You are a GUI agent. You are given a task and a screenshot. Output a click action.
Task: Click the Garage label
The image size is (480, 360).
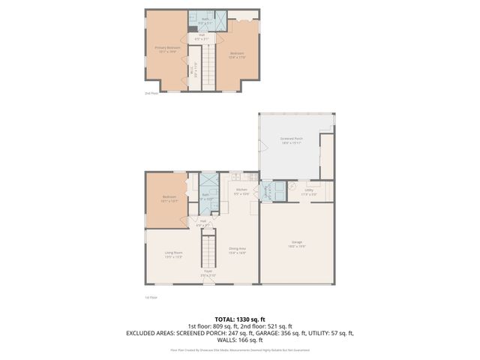tap(297, 243)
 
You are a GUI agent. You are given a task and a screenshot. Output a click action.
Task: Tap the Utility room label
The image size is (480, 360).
tap(310, 192)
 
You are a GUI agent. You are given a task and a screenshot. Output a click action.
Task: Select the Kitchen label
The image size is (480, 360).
tap(241, 191)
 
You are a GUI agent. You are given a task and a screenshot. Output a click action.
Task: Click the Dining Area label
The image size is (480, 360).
tap(238, 250)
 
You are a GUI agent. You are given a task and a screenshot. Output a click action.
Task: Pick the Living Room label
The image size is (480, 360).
tap(173, 254)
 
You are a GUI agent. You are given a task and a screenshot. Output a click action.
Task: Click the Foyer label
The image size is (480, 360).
tap(208, 274)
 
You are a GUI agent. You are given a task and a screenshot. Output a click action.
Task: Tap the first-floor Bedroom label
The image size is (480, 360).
tap(169, 199)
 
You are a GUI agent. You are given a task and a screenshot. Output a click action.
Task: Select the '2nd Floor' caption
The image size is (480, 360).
tap(151, 94)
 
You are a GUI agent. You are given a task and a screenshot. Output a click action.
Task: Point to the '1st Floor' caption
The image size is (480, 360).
tap(151, 298)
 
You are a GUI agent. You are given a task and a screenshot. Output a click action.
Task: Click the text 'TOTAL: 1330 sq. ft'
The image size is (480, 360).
tap(239, 318)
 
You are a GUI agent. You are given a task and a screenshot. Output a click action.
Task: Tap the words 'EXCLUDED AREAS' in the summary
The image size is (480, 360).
tap(154, 332)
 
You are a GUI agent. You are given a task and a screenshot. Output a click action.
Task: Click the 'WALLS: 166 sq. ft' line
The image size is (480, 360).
tap(239, 340)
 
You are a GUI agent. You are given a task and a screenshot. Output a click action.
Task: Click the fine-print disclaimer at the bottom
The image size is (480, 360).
tap(239, 349)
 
